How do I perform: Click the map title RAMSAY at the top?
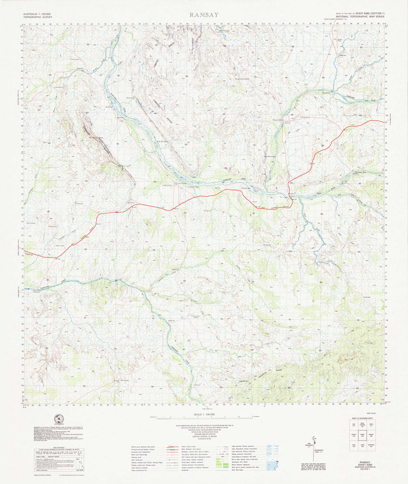pyautogui.click(x=204, y=15)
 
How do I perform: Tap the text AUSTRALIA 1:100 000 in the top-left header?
pyautogui.click(x=37, y=15)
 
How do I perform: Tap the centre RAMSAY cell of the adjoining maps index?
pyautogui.click(x=367, y=435)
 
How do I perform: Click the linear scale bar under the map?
pyautogui.click(x=204, y=418)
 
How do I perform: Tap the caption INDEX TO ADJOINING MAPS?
pyautogui.click(x=367, y=419)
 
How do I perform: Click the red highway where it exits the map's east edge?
pyautogui.click(x=382, y=121)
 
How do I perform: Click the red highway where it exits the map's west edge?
pyautogui.click(x=25, y=255)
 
